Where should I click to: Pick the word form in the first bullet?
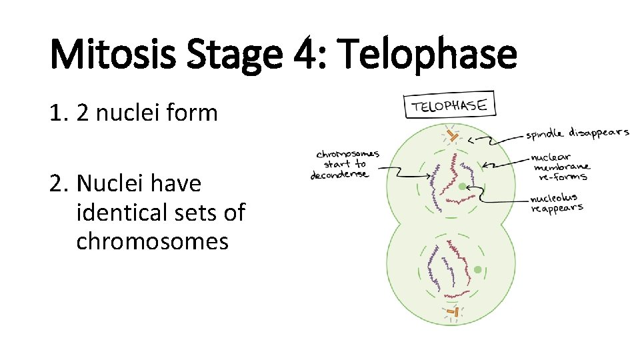(x=193, y=113)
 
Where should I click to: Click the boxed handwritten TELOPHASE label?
(x=449, y=105)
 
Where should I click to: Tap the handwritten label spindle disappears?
(x=577, y=133)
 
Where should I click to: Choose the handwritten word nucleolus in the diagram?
(x=554, y=198)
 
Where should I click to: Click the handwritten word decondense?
(x=339, y=175)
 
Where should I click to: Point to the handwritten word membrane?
(x=561, y=167)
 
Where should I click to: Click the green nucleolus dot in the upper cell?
(x=462, y=187)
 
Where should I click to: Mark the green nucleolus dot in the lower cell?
(x=478, y=269)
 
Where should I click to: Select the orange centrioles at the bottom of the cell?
(x=453, y=311)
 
